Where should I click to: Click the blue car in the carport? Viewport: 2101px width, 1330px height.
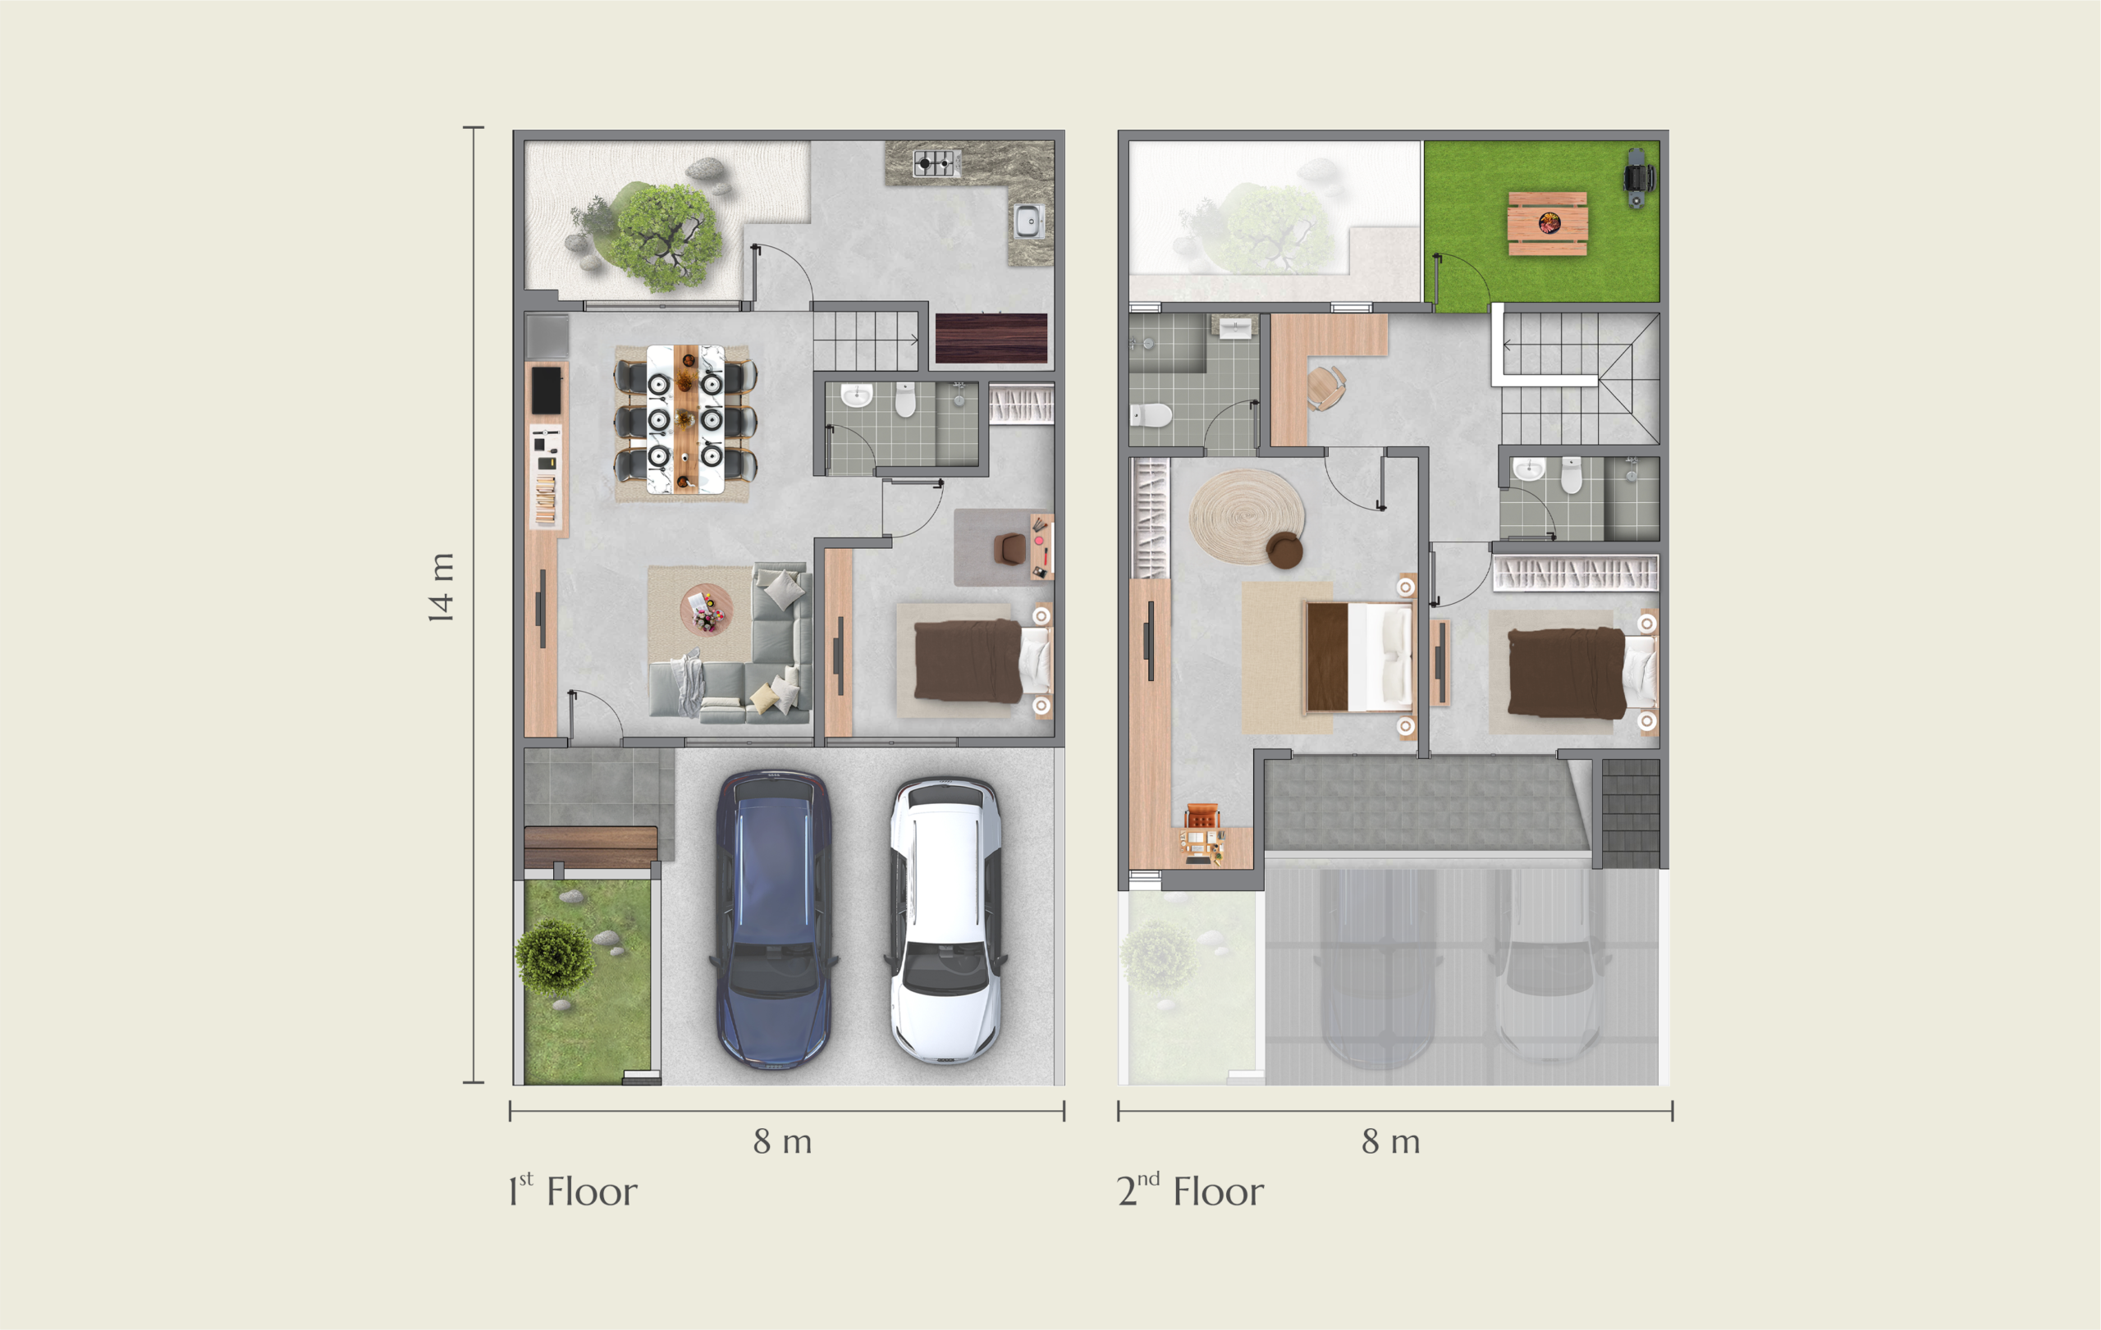click(x=773, y=919)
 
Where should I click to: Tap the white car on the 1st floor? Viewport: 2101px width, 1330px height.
click(x=945, y=920)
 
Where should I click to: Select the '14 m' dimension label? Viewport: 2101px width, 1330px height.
click(x=442, y=587)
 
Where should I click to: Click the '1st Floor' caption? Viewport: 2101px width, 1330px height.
click(x=572, y=1191)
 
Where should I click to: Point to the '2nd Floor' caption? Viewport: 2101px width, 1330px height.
click(x=1190, y=1191)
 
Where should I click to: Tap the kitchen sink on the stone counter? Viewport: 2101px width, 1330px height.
click(x=1029, y=221)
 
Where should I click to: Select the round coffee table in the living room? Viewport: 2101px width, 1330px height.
click(x=706, y=610)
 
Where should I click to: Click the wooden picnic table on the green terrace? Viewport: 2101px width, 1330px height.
click(x=1548, y=224)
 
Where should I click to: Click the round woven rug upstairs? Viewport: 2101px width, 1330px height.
click(x=1247, y=516)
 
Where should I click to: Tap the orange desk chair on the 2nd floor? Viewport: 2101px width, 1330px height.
click(x=1202, y=817)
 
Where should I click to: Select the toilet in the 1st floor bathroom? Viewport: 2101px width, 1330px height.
click(x=906, y=400)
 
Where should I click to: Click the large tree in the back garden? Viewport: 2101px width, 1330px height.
click(x=667, y=235)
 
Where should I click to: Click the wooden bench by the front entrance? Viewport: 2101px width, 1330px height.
click(x=591, y=845)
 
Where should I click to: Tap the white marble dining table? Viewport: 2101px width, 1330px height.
click(x=685, y=419)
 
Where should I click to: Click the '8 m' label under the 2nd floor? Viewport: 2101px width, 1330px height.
click(x=1391, y=1141)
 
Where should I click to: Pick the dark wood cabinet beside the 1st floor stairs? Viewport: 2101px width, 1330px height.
click(x=991, y=337)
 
